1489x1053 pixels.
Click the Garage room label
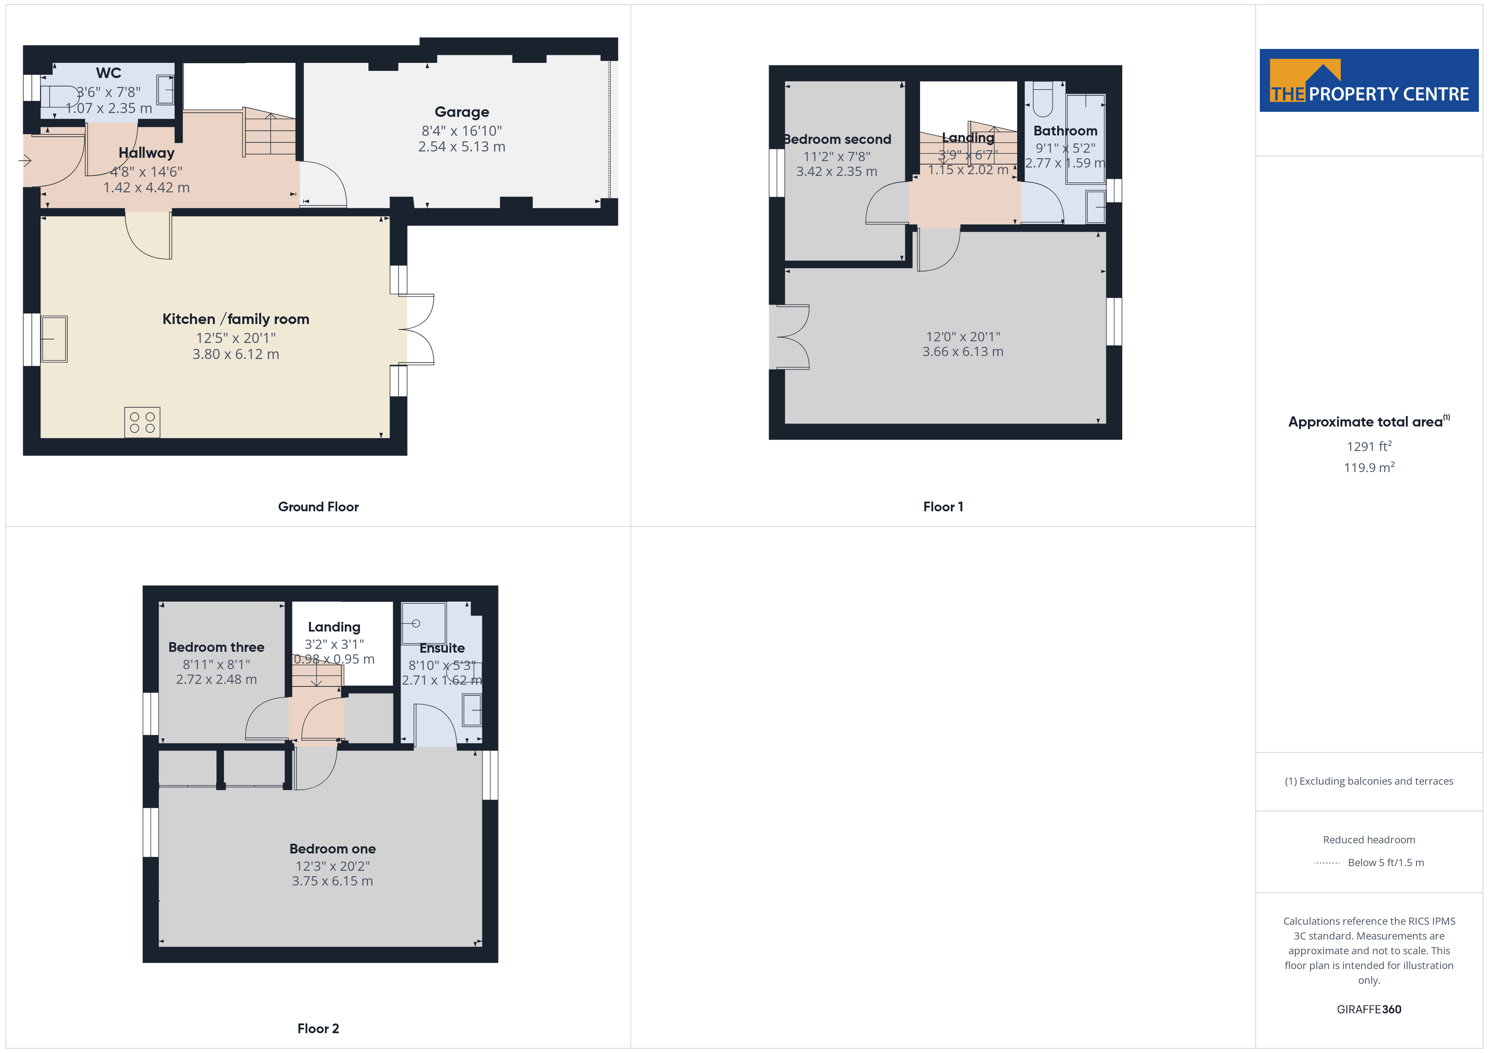pyautogui.click(x=462, y=112)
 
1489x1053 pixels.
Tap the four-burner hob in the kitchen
pyautogui.click(x=142, y=423)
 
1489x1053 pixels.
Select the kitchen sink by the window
pyautogui.click(x=54, y=338)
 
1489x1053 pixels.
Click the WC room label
pyautogui.click(x=108, y=73)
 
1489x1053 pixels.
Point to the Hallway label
pyautogui.click(x=146, y=153)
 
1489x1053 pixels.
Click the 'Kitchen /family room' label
pyautogui.click(x=236, y=319)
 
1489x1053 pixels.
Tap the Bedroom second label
pyautogui.click(x=837, y=139)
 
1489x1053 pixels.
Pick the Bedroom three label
pyautogui.click(x=216, y=647)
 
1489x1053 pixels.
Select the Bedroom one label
pyautogui.click(x=332, y=849)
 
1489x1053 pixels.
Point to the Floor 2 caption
pyautogui.click(x=318, y=1029)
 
